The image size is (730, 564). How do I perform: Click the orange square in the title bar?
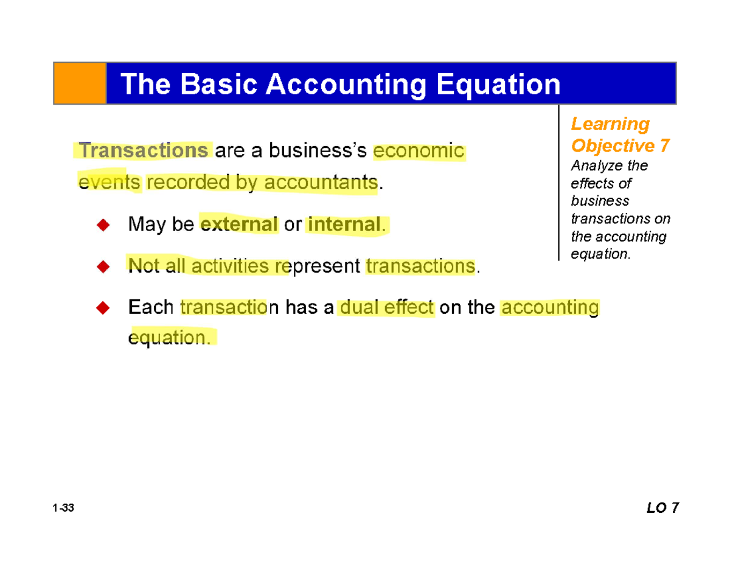point(80,83)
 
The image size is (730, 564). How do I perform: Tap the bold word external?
point(239,225)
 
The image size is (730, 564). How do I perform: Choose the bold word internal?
point(345,225)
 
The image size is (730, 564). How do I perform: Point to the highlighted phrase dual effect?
point(388,308)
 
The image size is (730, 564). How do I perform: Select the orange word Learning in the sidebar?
point(610,124)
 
